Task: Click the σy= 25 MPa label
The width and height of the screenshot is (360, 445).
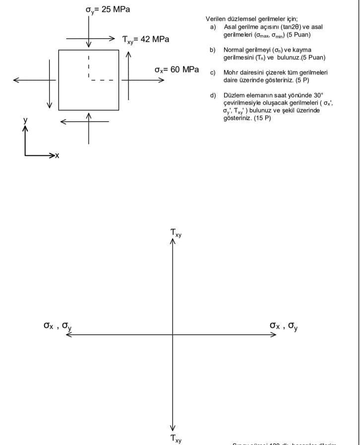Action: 108,10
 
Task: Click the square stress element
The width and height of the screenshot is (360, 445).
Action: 89,79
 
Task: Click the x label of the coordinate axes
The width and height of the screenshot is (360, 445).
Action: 57,156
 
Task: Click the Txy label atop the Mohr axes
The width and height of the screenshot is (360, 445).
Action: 176,232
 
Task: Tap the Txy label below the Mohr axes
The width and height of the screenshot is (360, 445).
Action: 176,438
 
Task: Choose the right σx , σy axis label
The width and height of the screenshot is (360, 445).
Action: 284,326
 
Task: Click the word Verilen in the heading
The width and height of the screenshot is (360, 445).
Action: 215,18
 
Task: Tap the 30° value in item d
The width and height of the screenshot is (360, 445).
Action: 317,95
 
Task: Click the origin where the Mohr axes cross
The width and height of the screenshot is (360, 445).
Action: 173,335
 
